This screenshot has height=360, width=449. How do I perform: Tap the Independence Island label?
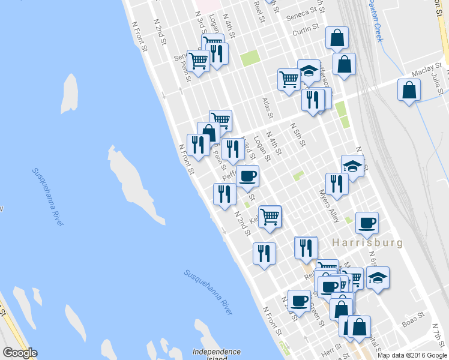coord(217,355)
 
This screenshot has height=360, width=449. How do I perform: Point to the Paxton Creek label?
coord(375,20)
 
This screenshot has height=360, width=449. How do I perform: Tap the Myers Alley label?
coord(330,206)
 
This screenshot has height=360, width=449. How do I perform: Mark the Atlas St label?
coord(268,108)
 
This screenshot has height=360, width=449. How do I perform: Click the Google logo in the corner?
coord(20,353)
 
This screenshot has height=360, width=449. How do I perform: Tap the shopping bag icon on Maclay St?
coord(409,91)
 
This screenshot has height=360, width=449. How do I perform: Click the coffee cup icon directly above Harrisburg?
coord(367,223)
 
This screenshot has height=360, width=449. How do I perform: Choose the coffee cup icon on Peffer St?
coord(247,176)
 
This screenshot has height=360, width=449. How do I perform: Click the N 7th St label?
coord(440,334)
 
